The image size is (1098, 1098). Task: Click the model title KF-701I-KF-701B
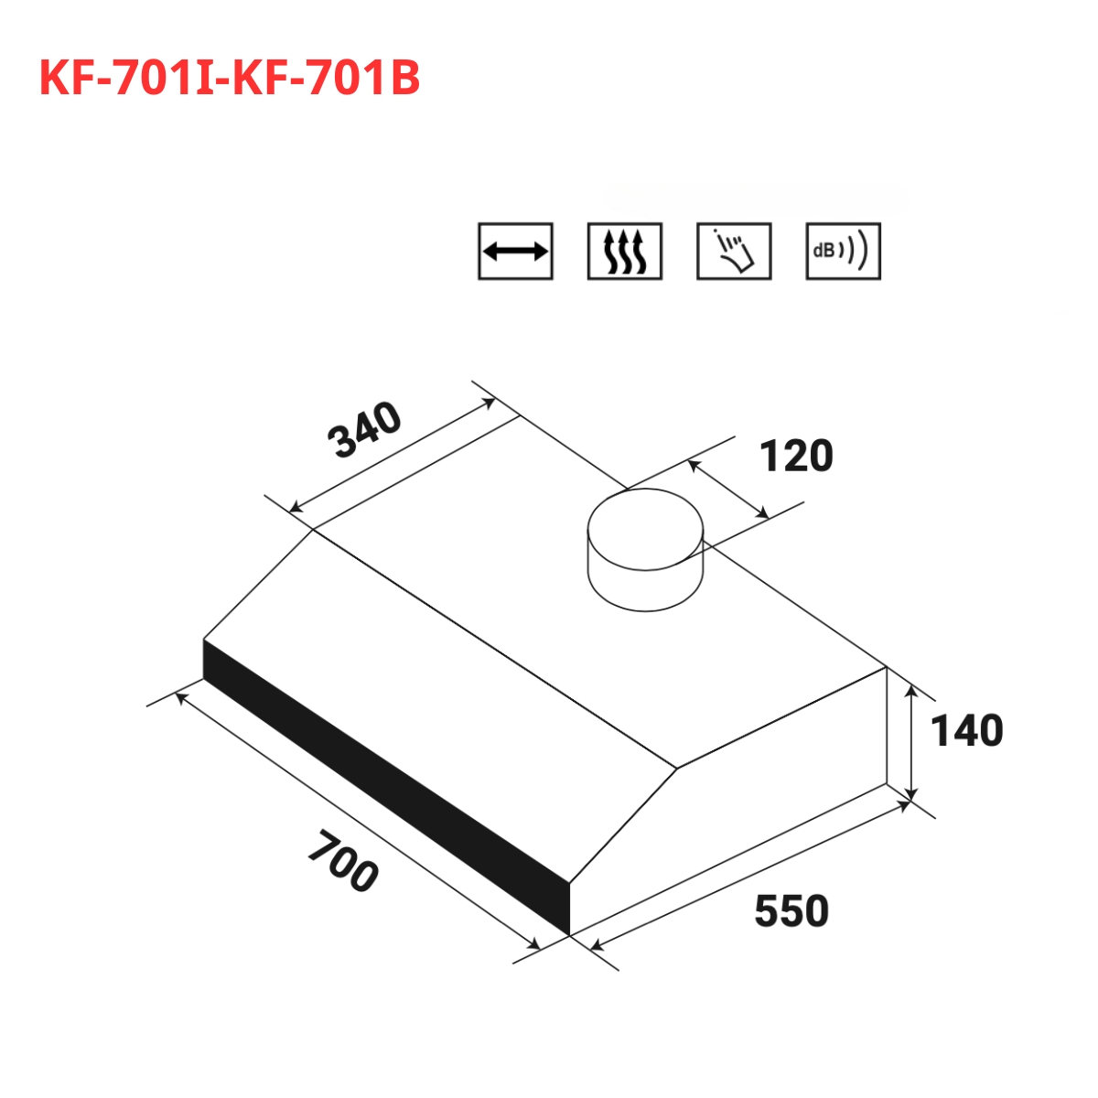[x=230, y=80]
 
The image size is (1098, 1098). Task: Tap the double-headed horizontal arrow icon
[x=515, y=251]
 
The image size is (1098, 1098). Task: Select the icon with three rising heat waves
[x=624, y=251]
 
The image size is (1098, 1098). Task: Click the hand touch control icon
[x=734, y=251]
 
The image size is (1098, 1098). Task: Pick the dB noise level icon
[x=843, y=251]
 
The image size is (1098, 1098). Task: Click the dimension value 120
[x=796, y=456]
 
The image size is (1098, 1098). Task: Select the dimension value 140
[x=966, y=731]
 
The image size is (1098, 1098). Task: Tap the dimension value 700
[x=342, y=861]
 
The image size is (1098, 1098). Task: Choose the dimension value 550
[x=791, y=911]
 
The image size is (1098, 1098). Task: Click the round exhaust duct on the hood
[x=645, y=549]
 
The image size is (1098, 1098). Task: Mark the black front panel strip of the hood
[x=384, y=787]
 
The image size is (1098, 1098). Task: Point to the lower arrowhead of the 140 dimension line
[x=911, y=794]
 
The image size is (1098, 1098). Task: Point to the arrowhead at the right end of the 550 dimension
[x=906, y=805]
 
